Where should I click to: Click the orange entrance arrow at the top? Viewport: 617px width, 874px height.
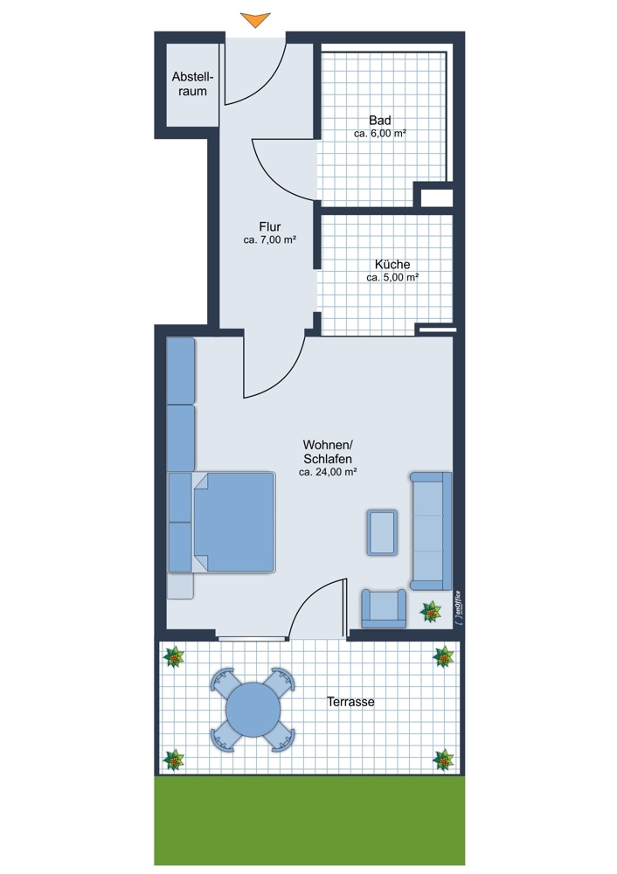255,19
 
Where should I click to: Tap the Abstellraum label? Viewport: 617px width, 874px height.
192,84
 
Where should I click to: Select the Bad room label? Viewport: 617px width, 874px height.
379,120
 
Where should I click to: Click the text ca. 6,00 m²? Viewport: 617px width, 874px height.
379,134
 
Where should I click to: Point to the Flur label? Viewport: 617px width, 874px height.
270,226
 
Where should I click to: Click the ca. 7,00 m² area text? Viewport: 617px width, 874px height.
270,240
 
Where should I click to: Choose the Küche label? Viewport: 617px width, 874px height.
392,264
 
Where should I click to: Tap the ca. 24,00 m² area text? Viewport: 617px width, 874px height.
328,472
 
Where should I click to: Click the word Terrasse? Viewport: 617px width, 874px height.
350,702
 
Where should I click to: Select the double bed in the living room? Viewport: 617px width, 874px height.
234,523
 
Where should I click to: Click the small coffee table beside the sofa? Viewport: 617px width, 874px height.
382,532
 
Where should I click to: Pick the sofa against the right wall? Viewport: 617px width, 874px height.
431,531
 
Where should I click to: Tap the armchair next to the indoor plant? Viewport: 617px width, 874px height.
384,608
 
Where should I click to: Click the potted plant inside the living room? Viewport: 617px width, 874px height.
430,612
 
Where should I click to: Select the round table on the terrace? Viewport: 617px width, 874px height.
253,710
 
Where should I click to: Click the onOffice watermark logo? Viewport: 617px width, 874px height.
458,607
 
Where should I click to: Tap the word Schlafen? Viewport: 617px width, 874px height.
328,459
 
